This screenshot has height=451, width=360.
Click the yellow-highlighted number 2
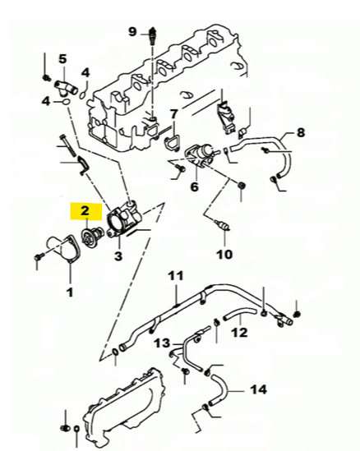coord(85,211)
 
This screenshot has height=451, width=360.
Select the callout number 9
coord(132,31)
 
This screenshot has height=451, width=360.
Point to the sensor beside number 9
coord(152,36)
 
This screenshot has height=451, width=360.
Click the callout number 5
coord(62,59)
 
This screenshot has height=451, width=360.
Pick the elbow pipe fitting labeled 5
coord(66,88)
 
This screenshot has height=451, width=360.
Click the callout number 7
coord(173,114)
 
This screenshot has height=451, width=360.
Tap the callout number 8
coord(301,132)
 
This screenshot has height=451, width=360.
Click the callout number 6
coord(195,187)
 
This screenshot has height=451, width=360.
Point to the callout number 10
coord(224,255)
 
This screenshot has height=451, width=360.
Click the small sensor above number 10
coord(223,225)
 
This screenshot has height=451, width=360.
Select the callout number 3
coord(118,255)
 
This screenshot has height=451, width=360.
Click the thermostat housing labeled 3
coord(124,219)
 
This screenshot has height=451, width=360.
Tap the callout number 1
coord(70,292)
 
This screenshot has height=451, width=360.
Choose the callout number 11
coord(176,276)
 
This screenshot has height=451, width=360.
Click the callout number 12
coord(239,333)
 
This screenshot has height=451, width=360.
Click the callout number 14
coord(259,389)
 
